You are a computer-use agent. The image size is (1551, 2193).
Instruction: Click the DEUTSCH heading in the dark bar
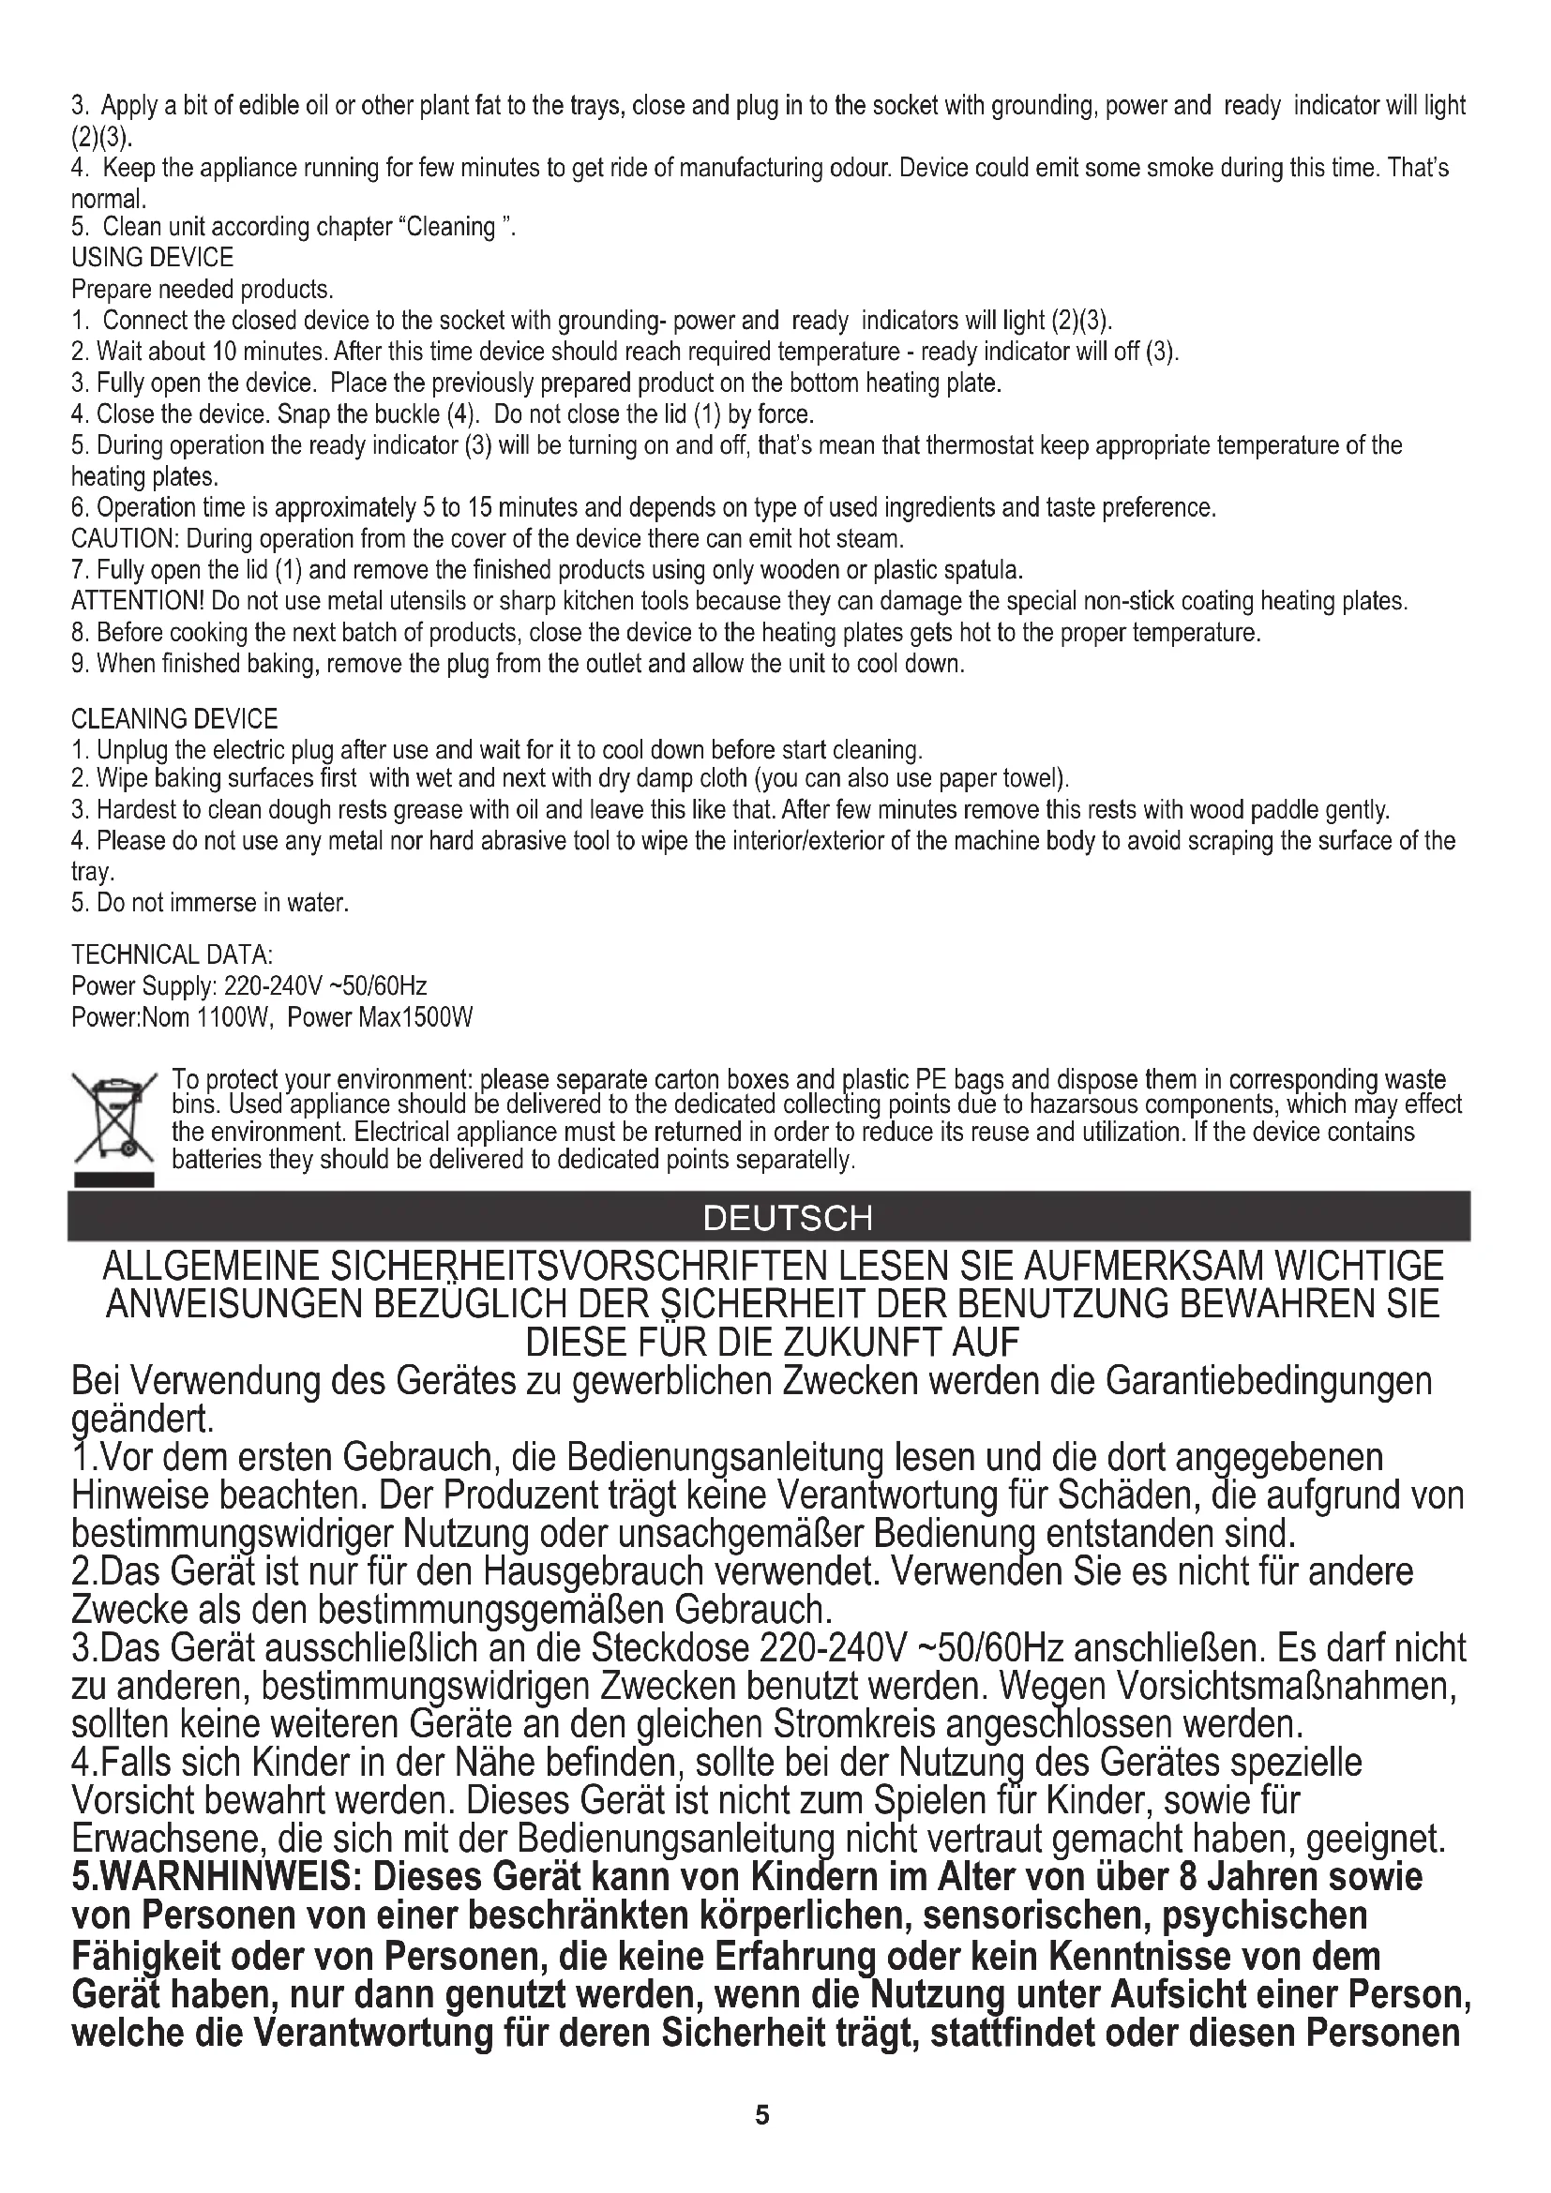[788, 1218]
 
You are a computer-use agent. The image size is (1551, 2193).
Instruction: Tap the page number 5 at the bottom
[761, 2114]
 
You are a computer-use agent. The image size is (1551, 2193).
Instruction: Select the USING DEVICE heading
[153, 258]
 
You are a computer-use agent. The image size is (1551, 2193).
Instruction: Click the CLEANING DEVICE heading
[174, 718]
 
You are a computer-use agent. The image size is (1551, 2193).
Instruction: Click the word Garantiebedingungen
[1269, 1381]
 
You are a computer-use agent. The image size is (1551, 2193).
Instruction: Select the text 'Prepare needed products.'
[203, 290]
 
